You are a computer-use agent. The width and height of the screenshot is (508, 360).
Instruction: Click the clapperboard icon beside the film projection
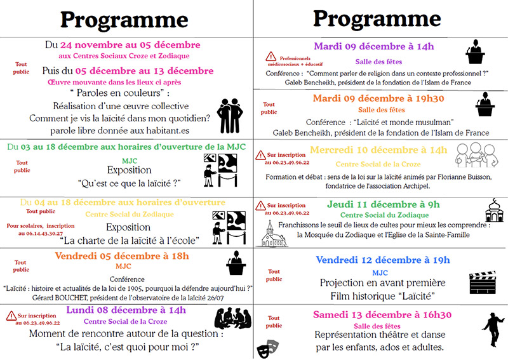[x=481, y=281]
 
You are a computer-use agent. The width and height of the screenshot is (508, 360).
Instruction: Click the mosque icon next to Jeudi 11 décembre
[x=493, y=210]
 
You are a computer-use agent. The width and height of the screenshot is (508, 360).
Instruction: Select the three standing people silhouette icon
[x=231, y=115]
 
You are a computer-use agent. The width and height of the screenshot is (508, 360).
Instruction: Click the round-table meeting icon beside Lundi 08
[x=232, y=318]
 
